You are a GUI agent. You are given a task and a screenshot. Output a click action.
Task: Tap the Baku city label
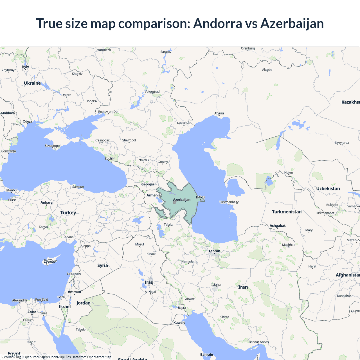click(x=200, y=197)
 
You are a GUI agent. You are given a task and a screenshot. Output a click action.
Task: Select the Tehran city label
click(x=214, y=251)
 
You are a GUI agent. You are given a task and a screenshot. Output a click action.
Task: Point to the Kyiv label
click(x=26, y=67)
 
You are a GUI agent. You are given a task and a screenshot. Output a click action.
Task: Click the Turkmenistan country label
click(x=287, y=212)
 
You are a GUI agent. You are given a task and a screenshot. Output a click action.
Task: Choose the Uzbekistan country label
click(x=328, y=189)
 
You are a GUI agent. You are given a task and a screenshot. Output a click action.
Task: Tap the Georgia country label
click(x=148, y=184)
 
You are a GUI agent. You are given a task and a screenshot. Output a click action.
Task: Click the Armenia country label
click(x=153, y=195)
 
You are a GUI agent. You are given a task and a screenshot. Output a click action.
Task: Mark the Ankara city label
click(x=46, y=202)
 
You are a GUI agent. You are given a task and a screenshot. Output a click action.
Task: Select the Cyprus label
click(x=49, y=262)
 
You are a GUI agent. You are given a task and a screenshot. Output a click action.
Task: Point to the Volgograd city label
click(x=152, y=92)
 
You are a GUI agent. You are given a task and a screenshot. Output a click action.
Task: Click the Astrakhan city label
click(x=184, y=123)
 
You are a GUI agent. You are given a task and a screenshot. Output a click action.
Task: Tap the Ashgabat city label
click(x=278, y=226)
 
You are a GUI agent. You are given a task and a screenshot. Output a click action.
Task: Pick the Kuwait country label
click(x=179, y=323)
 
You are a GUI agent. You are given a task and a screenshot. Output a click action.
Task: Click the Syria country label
click(x=103, y=265)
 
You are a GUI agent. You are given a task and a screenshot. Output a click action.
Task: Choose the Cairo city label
click(x=32, y=312)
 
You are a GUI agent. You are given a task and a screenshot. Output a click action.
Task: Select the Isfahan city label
click(x=217, y=285)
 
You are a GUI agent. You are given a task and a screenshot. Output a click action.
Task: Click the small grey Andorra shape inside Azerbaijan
click(x=175, y=202)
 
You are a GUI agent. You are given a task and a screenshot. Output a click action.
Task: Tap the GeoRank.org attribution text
click(x=11, y=357)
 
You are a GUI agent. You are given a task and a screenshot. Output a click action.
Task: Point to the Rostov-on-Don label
click(x=109, y=112)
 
